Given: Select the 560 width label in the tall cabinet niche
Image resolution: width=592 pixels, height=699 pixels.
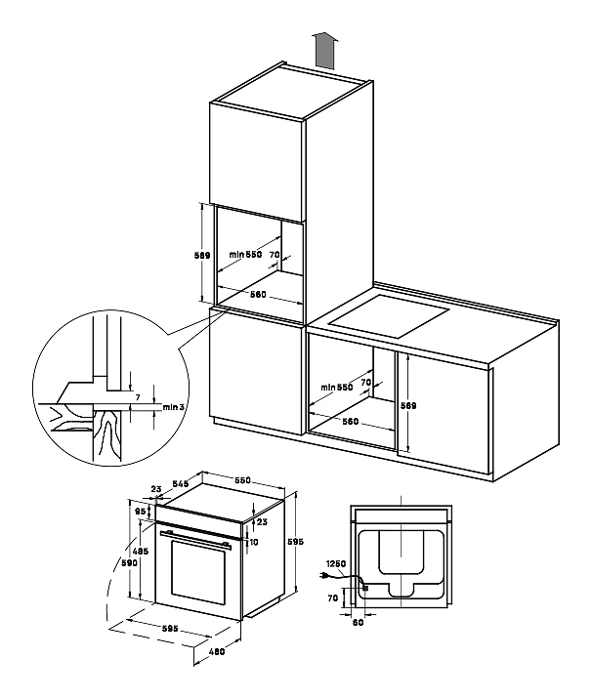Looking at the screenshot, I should tap(258, 295).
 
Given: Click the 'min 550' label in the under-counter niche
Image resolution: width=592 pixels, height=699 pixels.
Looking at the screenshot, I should tap(337, 387).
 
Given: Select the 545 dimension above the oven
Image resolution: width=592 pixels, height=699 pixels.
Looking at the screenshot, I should tap(180, 483).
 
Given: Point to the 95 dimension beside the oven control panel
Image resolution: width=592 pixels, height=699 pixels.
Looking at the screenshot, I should tap(141, 512).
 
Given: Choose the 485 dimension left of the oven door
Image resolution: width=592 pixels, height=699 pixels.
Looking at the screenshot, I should tap(141, 554).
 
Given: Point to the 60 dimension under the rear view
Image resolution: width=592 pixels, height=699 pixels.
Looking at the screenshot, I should tap(358, 621).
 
